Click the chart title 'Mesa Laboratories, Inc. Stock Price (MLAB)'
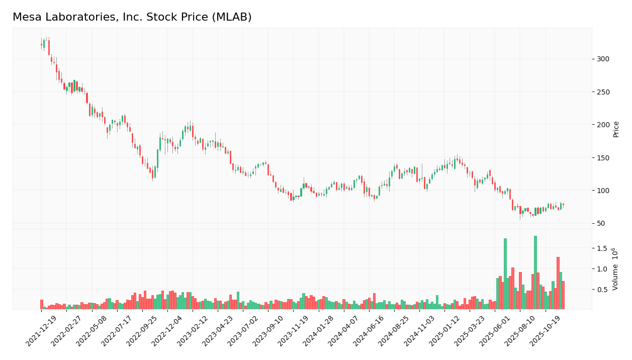pos(132,17)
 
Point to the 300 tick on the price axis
pos(602,59)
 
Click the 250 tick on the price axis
pos(602,92)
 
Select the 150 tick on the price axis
pos(602,158)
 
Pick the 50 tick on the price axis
pos(600,223)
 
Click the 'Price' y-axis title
pos(616,129)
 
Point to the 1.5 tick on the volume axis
pos(602,248)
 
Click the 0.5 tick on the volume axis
pos(602,290)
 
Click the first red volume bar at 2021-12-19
pos(42,305)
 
